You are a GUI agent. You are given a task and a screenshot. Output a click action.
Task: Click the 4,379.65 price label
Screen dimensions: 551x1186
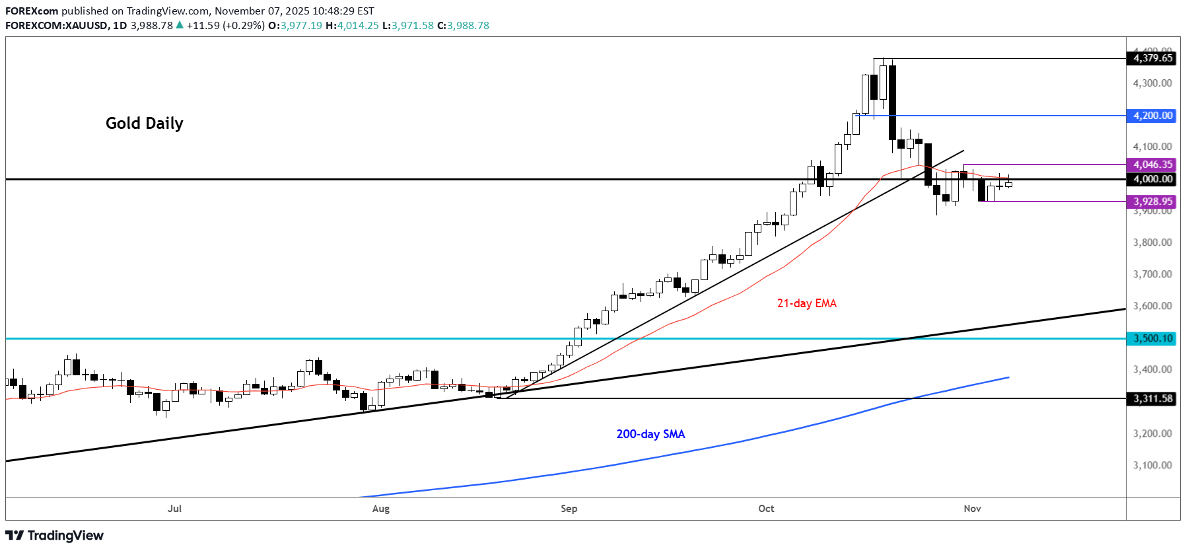(x=1153, y=58)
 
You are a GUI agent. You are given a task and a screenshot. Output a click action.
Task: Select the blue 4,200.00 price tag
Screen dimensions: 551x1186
(x=1153, y=116)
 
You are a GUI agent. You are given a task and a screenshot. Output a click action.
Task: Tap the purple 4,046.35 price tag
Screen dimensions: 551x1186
(x=1153, y=165)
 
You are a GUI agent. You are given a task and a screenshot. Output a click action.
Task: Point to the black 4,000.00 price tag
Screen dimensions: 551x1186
(x=1153, y=179)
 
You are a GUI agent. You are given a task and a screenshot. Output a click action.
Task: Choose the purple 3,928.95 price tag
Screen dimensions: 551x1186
(x=1153, y=202)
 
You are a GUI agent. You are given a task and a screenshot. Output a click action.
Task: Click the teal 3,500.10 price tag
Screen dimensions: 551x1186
(x=1153, y=338)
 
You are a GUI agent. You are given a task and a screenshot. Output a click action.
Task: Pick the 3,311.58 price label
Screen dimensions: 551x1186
(x=1153, y=398)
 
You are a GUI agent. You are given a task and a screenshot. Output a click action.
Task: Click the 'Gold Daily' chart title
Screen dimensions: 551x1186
(x=144, y=124)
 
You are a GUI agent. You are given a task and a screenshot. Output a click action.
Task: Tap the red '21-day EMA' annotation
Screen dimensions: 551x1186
(x=806, y=303)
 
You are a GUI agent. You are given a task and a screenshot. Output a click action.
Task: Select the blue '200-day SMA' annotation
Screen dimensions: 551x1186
(x=650, y=434)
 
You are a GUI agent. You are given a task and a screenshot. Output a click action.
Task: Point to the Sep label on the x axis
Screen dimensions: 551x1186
(x=569, y=509)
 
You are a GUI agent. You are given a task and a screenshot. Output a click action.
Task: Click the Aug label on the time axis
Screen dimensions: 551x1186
(x=381, y=509)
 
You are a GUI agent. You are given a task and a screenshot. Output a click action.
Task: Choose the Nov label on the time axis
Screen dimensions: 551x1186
(x=972, y=509)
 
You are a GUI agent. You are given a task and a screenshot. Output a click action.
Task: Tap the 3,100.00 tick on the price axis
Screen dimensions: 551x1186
(x=1152, y=465)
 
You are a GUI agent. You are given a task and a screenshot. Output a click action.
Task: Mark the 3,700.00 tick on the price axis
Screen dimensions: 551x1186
(x=1152, y=274)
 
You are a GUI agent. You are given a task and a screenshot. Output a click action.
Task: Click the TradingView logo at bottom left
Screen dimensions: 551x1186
(x=55, y=535)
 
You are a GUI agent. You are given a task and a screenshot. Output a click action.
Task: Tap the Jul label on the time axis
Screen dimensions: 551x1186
(x=174, y=509)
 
